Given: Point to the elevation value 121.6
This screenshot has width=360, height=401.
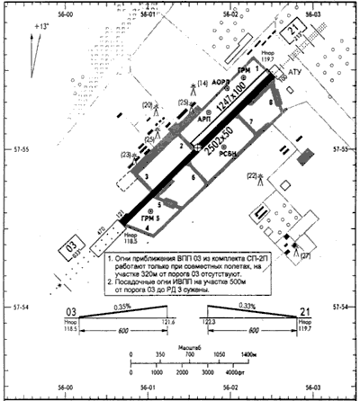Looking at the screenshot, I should [x=168, y=320].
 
